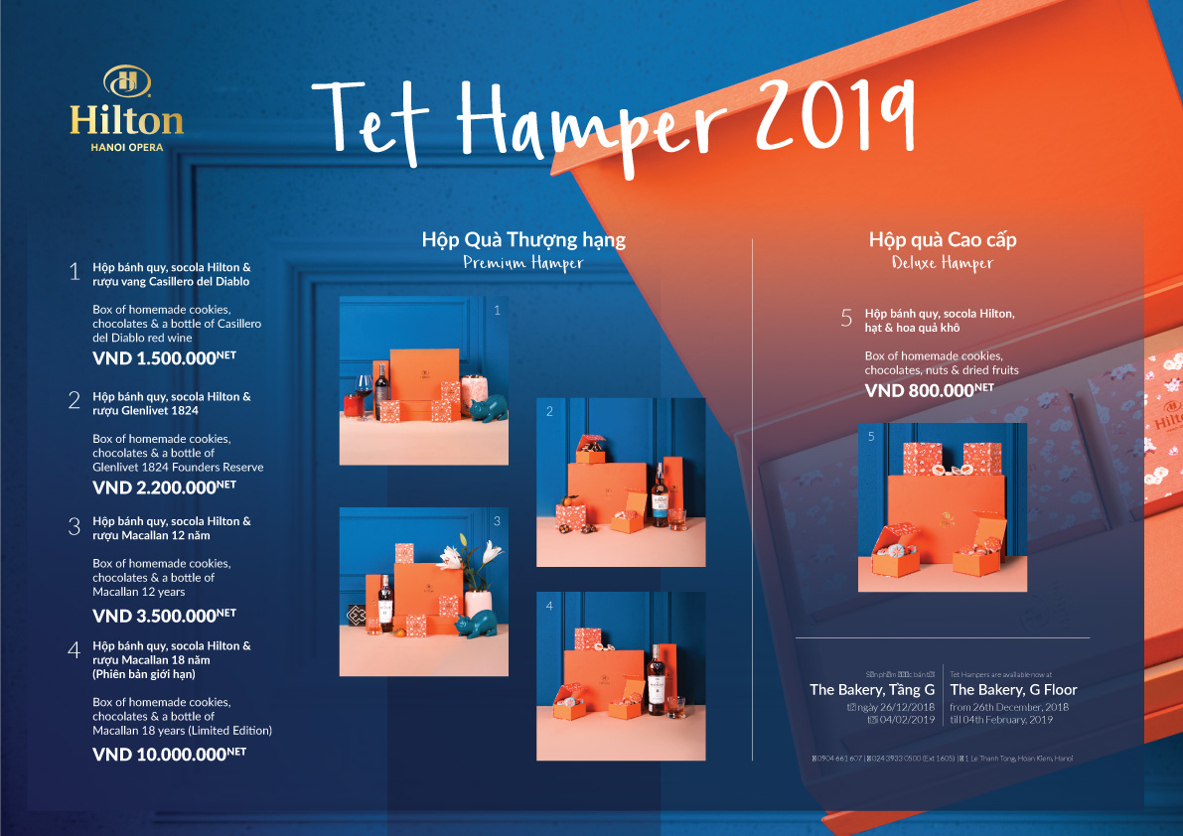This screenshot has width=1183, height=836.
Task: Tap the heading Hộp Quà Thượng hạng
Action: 523,240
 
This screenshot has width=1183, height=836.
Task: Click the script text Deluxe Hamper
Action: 942,263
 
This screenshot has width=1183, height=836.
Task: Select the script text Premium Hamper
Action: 523,263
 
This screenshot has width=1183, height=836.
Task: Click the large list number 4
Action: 74,651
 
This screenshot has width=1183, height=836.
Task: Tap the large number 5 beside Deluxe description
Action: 846,319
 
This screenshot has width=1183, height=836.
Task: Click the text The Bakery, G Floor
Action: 1013,689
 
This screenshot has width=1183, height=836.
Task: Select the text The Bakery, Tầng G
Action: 872,689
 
